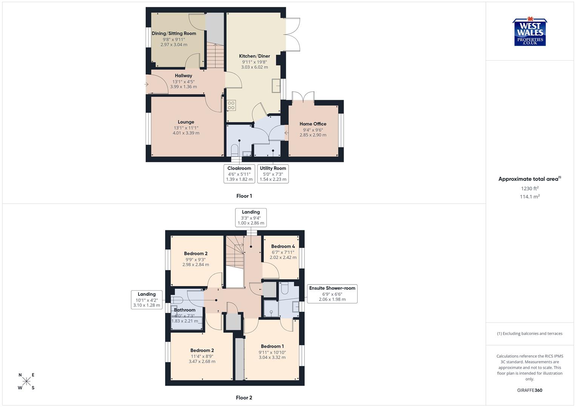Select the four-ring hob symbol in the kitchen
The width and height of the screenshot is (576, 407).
[x=231, y=105]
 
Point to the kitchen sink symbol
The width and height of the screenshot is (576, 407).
[x=276, y=86]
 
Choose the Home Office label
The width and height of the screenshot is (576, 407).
[x=313, y=124]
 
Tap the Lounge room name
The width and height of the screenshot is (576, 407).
[x=186, y=122]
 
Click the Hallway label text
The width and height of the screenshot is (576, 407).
[x=183, y=76]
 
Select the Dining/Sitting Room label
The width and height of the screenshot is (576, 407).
[x=174, y=34]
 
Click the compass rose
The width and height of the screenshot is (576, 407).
[x=26, y=381]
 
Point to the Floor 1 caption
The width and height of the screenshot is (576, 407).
[x=244, y=196]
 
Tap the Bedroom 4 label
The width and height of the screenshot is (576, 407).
[x=283, y=246]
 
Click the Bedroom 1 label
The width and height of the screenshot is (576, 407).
[x=272, y=346]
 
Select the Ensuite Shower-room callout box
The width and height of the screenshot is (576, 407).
[x=332, y=294]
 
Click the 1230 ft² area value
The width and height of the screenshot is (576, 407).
[x=530, y=188]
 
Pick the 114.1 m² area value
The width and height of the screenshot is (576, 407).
[x=530, y=197]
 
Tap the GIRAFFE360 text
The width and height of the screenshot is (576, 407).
[x=530, y=390]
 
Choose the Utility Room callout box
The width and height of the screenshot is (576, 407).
[x=273, y=174]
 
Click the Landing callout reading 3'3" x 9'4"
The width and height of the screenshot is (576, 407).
[x=251, y=217]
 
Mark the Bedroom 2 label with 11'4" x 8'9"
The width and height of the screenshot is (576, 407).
[x=202, y=350]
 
